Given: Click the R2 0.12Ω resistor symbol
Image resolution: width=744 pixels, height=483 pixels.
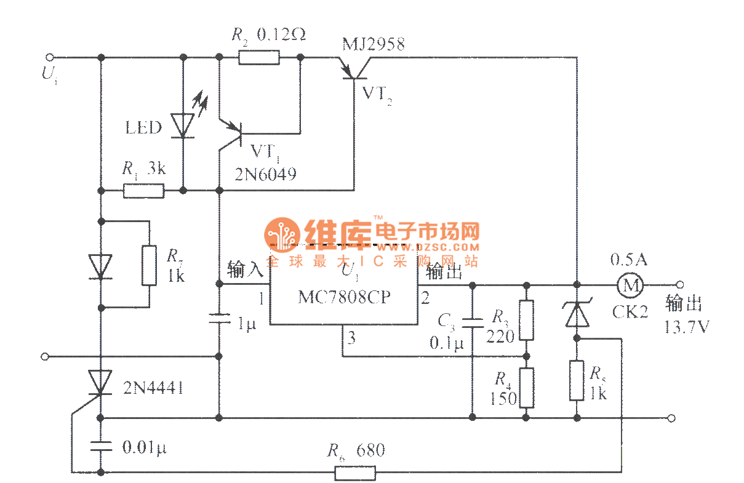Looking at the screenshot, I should pos(258,58).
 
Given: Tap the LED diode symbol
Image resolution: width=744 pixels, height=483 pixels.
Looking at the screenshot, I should pos(183,125).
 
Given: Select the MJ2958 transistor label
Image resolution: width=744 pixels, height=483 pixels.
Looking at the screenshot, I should pos(374,44).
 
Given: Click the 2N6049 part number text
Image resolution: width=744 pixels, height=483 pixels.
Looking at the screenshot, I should pos(265,175).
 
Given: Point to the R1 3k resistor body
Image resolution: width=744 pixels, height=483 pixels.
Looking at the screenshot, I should pos(143,191).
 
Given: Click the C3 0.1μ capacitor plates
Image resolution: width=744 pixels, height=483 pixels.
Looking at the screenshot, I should pos(472,322).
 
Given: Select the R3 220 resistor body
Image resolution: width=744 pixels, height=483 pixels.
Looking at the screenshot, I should pos(526,320).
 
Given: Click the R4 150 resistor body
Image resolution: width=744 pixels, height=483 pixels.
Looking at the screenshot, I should pos(526,388).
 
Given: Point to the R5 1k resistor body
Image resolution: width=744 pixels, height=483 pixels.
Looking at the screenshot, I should pos(577,381).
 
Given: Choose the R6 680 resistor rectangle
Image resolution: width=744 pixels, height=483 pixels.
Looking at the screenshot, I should pos(354,473).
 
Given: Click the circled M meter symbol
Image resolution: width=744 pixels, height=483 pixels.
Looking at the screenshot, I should pos(630,285).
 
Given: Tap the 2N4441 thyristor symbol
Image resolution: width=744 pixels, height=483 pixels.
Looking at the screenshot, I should pos(99,383).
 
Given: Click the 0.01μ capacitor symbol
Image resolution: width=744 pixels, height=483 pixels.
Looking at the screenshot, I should pos(99,445).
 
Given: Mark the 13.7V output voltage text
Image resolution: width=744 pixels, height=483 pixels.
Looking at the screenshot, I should pos(686,327).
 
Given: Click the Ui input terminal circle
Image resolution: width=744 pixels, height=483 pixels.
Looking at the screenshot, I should pos(50,58).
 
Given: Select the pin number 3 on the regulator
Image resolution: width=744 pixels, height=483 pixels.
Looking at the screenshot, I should pos(352,337).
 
